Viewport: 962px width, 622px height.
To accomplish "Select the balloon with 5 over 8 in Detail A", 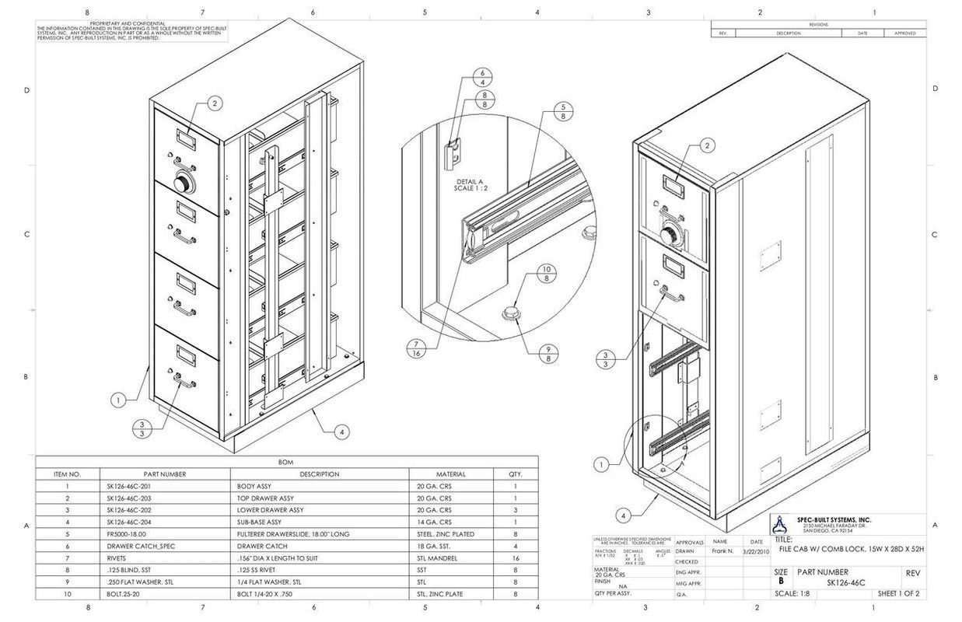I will (563, 111).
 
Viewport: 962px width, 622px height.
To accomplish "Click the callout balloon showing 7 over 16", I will (417, 348).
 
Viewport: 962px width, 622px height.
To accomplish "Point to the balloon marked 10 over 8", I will (547, 274).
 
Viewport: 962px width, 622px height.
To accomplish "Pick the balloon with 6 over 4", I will (483, 77).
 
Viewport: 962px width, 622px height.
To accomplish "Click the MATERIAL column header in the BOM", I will (450, 473).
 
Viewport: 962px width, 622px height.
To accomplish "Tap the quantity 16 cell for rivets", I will (515, 557).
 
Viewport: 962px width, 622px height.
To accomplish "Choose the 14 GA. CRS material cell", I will (434, 522).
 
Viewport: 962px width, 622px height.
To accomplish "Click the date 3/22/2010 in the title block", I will (756, 551).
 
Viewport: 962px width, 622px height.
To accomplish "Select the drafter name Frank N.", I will (722, 551).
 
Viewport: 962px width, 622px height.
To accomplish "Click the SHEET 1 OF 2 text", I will (898, 594).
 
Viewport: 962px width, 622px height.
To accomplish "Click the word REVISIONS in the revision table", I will (818, 25).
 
